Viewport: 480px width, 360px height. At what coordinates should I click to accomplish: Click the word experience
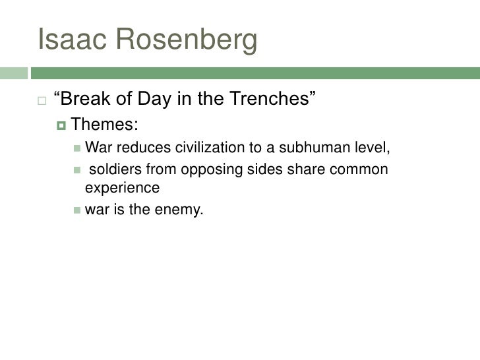[x=123, y=187]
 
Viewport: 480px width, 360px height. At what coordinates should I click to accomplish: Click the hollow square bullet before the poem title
[x=40, y=102]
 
